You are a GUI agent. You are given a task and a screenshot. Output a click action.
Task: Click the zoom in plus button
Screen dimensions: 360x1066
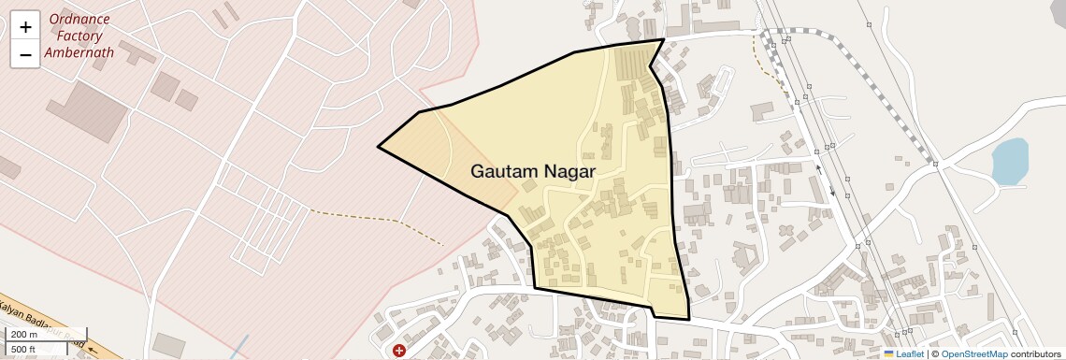[25, 27]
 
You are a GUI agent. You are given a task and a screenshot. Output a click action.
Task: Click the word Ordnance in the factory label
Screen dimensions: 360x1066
[79, 20]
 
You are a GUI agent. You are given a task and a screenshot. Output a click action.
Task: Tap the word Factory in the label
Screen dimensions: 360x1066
[79, 36]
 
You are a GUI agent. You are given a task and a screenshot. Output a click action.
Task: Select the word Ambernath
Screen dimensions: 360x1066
[79, 52]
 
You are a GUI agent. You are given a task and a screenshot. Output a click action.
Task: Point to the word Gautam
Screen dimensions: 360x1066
[504, 172]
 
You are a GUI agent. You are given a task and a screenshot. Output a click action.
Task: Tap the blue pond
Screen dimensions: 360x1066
[1009, 162]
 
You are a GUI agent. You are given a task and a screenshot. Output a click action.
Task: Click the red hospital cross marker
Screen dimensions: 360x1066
[399, 351]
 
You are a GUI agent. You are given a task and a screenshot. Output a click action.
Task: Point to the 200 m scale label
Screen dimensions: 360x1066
[24, 335]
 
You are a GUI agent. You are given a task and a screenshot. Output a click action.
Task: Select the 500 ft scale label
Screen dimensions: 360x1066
[24, 349]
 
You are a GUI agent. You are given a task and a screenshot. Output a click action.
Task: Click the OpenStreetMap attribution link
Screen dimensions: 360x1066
[973, 353]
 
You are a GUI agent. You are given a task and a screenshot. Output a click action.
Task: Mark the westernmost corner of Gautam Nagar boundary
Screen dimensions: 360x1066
[379, 147]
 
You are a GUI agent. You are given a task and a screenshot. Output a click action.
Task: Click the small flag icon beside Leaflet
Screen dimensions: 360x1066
[889, 353]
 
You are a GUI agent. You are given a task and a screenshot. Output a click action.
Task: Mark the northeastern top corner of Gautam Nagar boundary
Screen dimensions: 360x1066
[664, 39]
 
